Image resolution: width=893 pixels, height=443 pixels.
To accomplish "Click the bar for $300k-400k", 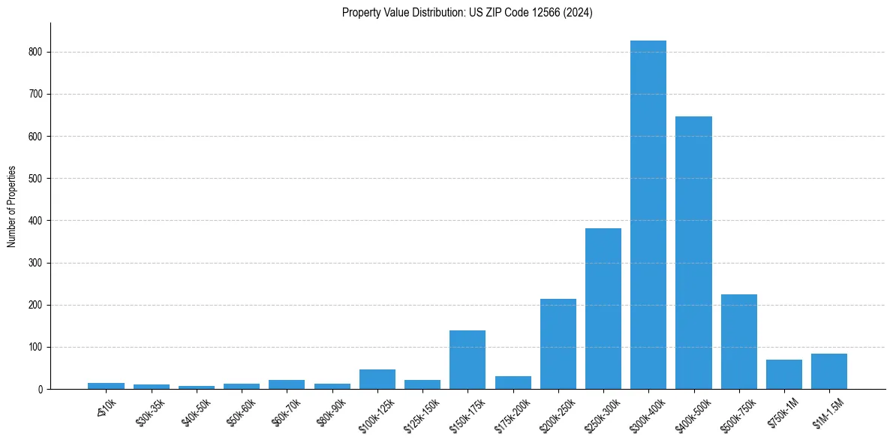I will click(x=648, y=215).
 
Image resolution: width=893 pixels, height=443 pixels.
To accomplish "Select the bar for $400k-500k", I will click(x=693, y=253).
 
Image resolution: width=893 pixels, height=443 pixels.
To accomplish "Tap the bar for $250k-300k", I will click(x=603, y=309).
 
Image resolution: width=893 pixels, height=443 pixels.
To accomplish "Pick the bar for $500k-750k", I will click(x=739, y=342).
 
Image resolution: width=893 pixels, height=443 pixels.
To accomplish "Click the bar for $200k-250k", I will click(x=558, y=344).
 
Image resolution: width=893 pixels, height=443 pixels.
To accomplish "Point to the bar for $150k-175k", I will click(x=468, y=360).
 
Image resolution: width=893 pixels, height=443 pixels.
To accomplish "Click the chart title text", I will click(x=468, y=13).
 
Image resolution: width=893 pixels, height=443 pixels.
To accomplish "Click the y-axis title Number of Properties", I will click(x=12, y=206).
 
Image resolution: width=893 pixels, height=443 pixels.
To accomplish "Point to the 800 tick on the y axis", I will click(x=37, y=52).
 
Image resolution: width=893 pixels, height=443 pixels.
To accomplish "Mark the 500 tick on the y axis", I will click(x=37, y=179).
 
